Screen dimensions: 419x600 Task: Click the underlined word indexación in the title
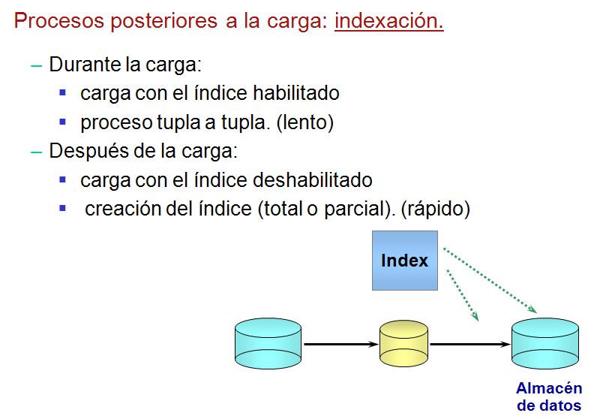click(388, 21)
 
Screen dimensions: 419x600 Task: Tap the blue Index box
click(404, 261)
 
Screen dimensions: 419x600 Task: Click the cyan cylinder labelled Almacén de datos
click(545, 345)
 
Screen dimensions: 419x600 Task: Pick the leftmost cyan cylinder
click(268, 345)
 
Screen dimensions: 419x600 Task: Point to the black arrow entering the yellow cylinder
click(340, 345)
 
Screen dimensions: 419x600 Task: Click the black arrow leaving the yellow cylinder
click(469, 345)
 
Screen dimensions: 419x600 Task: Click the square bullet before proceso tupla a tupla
click(63, 122)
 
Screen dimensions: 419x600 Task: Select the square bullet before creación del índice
click(63, 208)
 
